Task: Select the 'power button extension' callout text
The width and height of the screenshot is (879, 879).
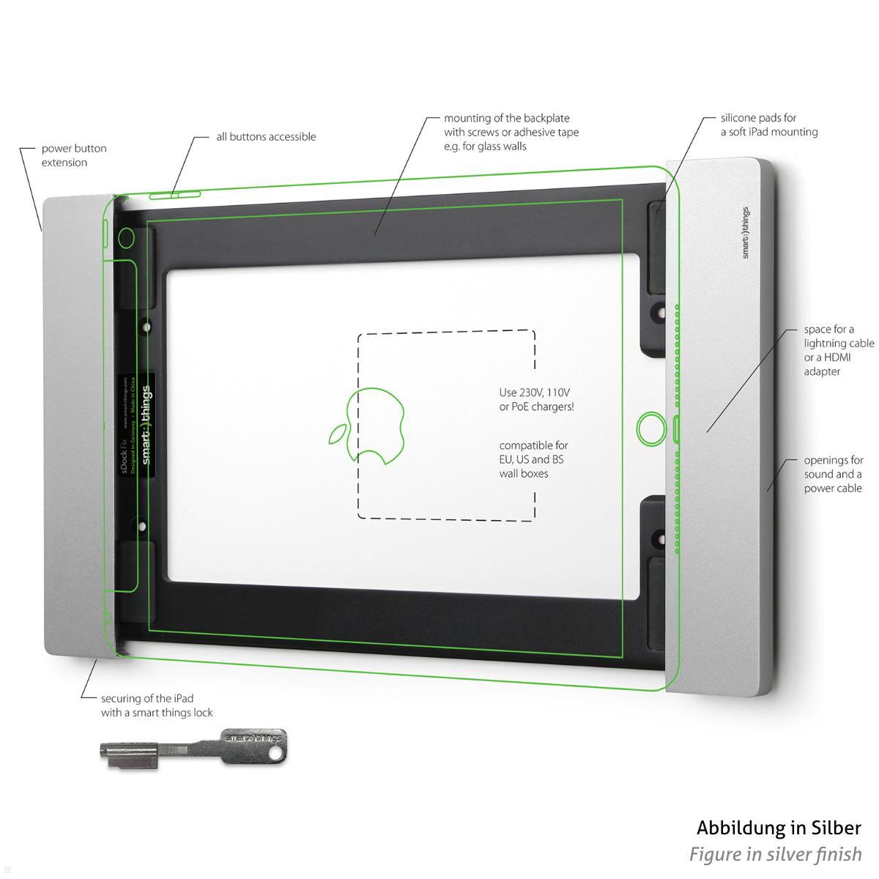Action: pos(73,155)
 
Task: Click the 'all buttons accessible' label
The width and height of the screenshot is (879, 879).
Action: pos(266,137)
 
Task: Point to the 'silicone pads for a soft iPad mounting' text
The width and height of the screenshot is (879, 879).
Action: pos(768,125)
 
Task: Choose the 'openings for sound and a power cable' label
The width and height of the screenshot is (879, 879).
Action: pos(834,474)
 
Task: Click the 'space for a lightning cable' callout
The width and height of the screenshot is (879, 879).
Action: pos(839,350)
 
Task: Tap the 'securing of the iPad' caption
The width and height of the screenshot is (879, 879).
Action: pos(157,705)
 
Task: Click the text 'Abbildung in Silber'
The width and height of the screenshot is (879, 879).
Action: pos(779,828)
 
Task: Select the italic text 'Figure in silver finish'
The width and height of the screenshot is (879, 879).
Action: pos(775,854)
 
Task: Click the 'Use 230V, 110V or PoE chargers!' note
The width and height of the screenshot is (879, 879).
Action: pos(536,399)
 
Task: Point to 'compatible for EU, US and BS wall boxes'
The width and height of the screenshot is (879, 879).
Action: pos(533,459)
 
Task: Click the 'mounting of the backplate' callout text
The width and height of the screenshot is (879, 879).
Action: pos(511,132)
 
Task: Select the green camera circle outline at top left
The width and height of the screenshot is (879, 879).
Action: pos(125,237)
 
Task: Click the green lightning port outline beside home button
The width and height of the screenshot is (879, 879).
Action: pos(675,429)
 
